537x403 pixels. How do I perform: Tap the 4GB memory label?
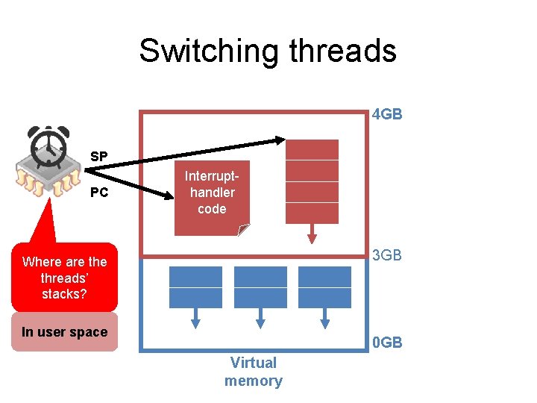[x=387, y=115]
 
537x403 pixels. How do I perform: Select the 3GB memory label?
[x=387, y=255]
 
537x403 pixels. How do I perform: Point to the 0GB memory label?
[x=387, y=343]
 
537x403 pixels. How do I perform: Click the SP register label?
[x=99, y=157]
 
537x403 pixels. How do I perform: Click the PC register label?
[x=99, y=193]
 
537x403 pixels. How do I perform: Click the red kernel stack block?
[x=312, y=181]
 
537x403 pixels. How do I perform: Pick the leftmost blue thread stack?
[x=195, y=287]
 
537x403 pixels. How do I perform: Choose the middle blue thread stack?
[x=260, y=287]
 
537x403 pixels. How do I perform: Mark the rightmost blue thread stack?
[x=324, y=287]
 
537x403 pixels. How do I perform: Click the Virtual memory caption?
[x=254, y=372]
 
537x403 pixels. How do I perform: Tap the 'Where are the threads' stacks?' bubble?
[x=64, y=278]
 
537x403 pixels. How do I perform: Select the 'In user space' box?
[x=64, y=333]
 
